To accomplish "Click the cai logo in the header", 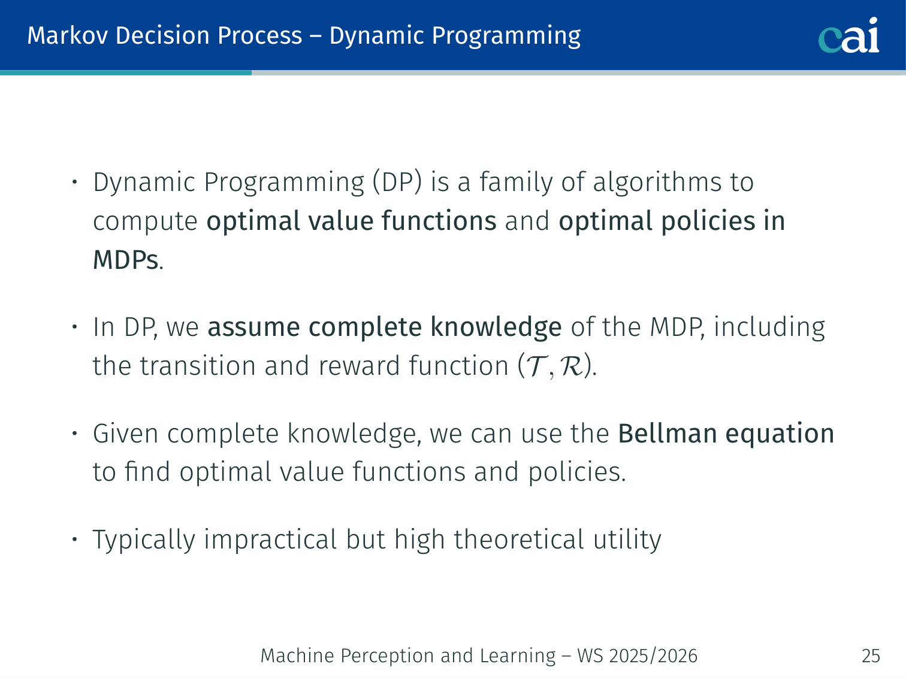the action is (848, 35).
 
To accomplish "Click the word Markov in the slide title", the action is (67, 35).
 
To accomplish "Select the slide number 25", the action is (871, 656).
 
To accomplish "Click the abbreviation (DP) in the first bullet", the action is (397, 182).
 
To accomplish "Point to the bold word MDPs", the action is (125, 260).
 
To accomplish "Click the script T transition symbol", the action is (536, 366).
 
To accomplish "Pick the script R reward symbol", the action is (571, 366).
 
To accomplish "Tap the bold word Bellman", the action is (668, 434).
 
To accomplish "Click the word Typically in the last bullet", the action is (144, 541).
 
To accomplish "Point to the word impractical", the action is (270, 541).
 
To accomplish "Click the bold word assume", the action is (253, 328).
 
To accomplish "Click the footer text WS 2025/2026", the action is (638, 656).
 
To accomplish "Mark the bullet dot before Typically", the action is (75, 539).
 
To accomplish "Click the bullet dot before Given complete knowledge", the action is (75, 434).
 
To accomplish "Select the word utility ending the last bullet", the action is (627, 541).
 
